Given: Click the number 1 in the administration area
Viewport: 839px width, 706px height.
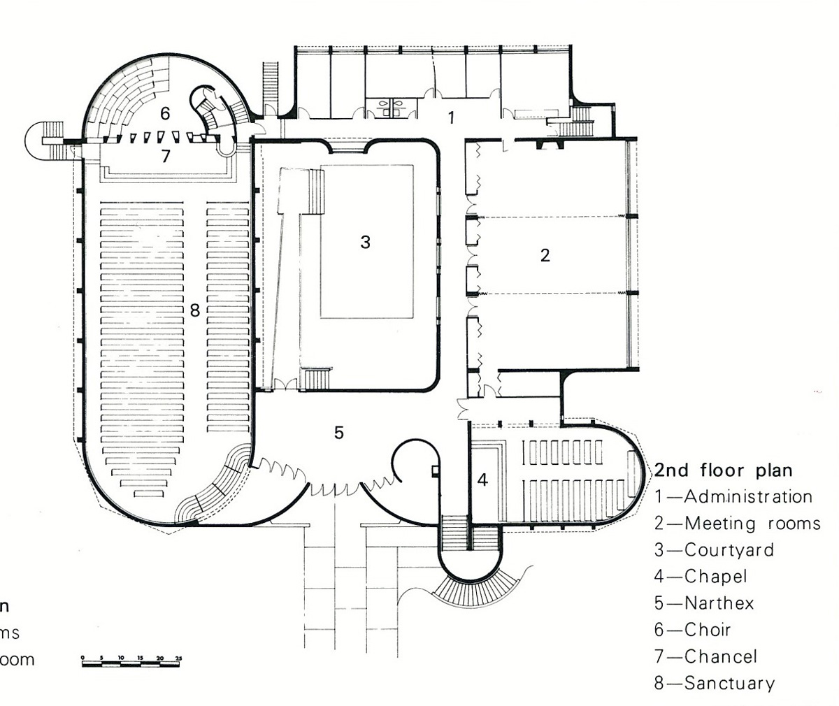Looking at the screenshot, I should [x=451, y=117].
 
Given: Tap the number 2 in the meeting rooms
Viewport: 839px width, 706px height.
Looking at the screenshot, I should [x=545, y=255].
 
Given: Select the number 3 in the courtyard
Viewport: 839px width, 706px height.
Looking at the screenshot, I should [x=365, y=242].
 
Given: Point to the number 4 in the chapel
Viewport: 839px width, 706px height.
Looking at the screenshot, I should [x=483, y=480].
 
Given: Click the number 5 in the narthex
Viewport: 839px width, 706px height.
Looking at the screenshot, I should [x=339, y=433].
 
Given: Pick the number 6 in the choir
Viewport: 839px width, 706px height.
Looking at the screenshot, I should [x=165, y=113].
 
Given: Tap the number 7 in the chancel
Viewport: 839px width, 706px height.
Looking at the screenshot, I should [x=165, y=156].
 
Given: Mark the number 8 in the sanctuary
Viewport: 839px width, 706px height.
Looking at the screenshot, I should [x=194, y=310].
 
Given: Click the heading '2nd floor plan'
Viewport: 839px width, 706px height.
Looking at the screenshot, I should [x=723, y=469].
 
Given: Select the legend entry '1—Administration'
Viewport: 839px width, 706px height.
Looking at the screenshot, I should [x=733, y=496].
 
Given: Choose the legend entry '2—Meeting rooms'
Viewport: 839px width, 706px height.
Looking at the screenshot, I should [x=737, y=523].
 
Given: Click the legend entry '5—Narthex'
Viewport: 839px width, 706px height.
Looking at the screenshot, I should [x=704, y=603].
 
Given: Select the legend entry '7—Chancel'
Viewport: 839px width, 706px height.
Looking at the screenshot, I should [x=705, y=656].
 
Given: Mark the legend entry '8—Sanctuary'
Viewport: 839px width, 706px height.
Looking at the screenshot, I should [x=714, y=683].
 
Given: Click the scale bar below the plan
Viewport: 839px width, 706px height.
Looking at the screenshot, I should [x=131, y=661].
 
